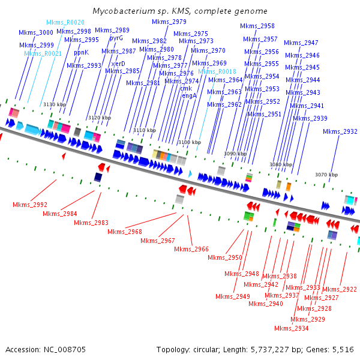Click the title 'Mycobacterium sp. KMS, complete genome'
(x=180, y=11)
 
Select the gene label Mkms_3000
(x=36, y=32)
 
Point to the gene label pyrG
(x=116, y=38)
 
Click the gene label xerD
(x=118, y=63)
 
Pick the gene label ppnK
(x=81, y=52)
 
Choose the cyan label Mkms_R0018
(x=217, y=71)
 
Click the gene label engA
(x=189, y=95)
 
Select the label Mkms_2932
(x=340, y=131)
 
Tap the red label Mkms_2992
(x=30, y=205)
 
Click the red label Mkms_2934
(x=292, y=328)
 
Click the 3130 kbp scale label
(x=54, y=104)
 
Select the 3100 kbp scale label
(x=188, y=142)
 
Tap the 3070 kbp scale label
(x=326, y=175)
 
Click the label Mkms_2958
(x=257, y=26)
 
